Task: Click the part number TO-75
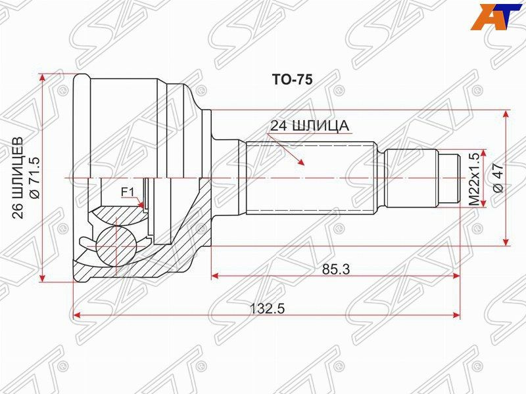click(x=292, y=79)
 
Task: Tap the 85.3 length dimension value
click(x=337, y=269)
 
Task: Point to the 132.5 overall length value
click(x=267, y=309)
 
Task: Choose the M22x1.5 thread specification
click(x=472, y=178)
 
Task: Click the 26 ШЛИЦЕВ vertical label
click(x=18, y=177)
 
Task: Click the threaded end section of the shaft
click(x=412, y=178)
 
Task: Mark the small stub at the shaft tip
click(x=450, y=178)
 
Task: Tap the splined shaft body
click(x=312, y=177)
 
